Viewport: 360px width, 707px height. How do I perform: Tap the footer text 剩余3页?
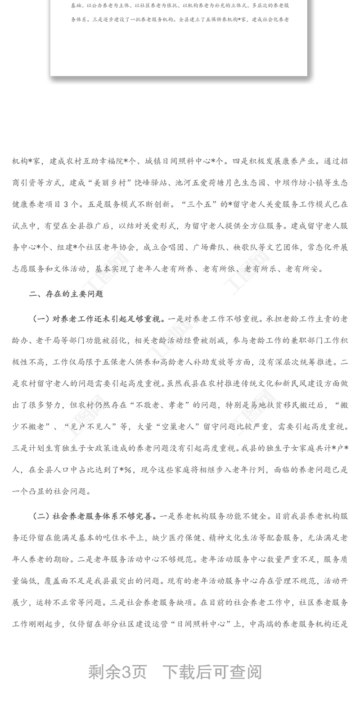[x=117, y=672]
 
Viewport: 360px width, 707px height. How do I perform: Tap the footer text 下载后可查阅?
[x=212, y=672]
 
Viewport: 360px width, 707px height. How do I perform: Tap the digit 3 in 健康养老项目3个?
[x=63, y=203]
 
